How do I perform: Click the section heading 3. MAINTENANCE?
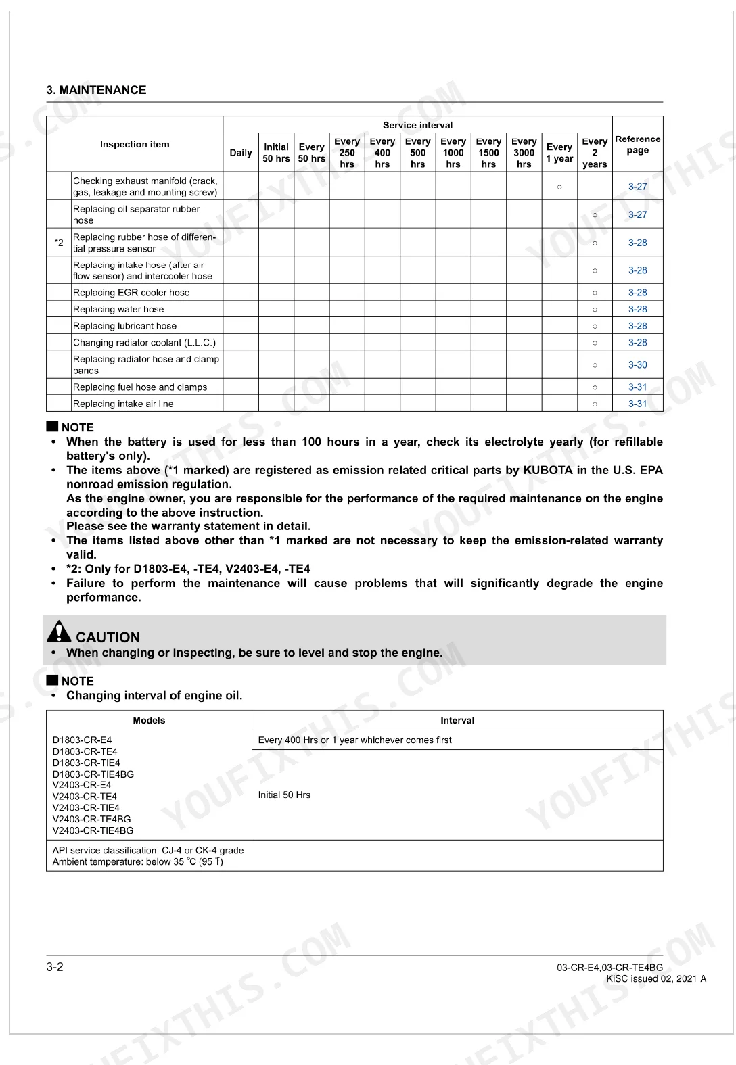click(x=96, y=90)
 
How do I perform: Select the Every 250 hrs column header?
click(x=347, y=153)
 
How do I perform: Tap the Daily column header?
click(x=241, y=153)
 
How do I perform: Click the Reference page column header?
click(x=637, y=145)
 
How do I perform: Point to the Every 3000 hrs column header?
click(x=524, y=153)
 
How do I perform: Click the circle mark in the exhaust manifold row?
click(x=559, y=187)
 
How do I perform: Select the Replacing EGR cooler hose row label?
click(x=131, y=293)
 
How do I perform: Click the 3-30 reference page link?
click(x=637, y=365)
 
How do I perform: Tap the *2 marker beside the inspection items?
click(x=59, y=243)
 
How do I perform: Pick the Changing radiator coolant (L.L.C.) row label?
click(x=144, y=343)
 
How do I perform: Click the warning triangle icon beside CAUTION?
click(x=59, y=632)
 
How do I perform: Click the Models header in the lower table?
click(x=149, y=720)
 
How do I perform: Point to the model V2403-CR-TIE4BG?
click(x=93, y=830)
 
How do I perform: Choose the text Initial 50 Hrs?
click(x=284, y=795)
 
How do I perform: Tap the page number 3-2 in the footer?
click(x=55, y=967)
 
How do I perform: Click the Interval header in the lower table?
click(x=457, y=720)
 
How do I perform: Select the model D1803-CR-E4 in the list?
click(x=82, y=740)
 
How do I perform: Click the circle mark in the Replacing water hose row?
click(x=595, y=310)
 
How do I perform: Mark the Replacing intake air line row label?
click(x=123, y=404)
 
